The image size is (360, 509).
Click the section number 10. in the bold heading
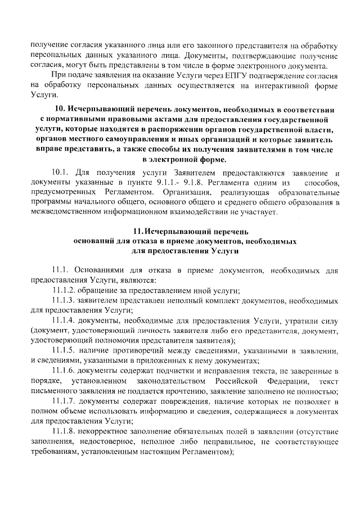[61, 109]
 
